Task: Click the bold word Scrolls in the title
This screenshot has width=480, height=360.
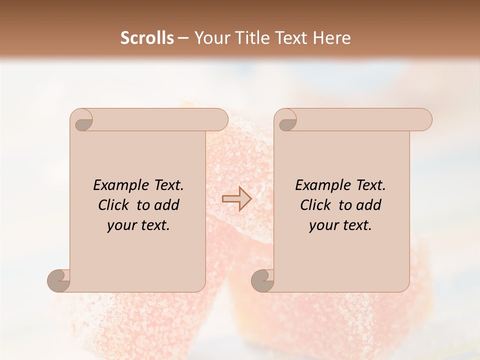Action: pos(147,38)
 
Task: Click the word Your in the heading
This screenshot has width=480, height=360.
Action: pos(210,38)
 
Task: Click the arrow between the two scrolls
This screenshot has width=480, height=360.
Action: pos(236,199)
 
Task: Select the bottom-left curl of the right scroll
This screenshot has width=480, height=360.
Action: pos(263,280)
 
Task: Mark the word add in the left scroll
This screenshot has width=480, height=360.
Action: pos(167,205)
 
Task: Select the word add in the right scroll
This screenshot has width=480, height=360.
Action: pos(369,205)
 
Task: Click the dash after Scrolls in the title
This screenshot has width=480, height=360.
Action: pos(182,38)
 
